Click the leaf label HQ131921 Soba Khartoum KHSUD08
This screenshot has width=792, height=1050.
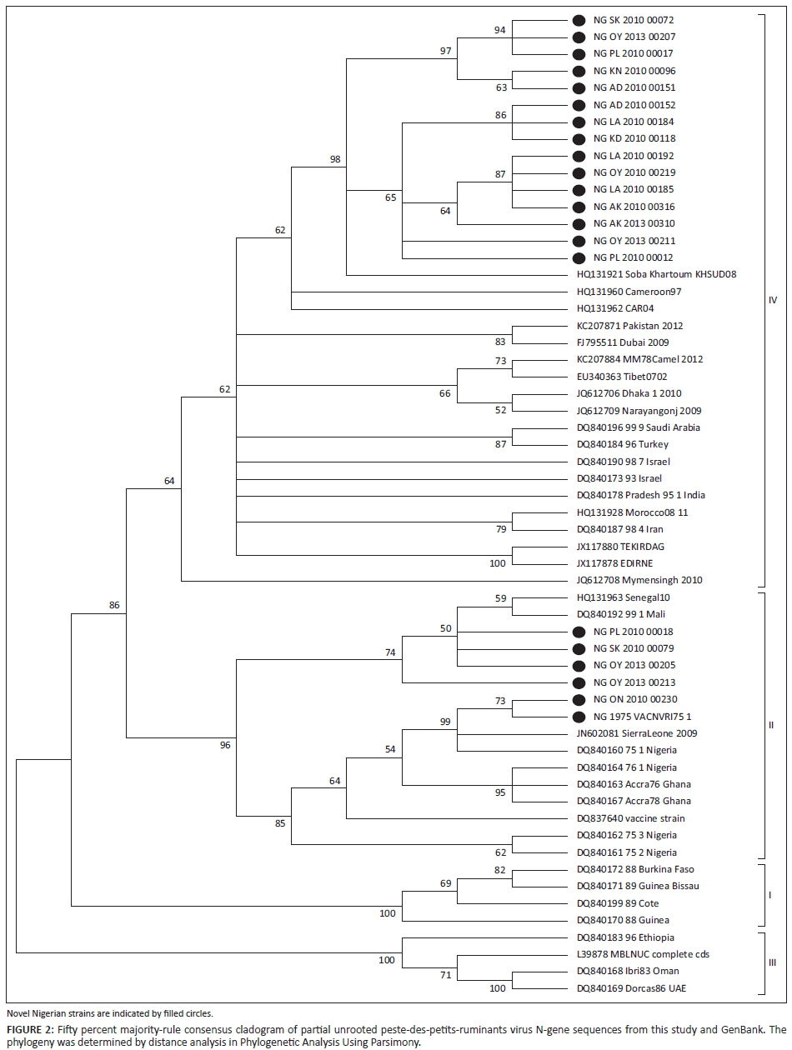657,274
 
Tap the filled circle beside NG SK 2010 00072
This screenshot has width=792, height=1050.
579,20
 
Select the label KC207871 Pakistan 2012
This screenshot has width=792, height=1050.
629,326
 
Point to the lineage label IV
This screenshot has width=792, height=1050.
771,300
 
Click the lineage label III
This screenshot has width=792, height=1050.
771,962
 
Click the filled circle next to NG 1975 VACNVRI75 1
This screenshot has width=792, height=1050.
579,717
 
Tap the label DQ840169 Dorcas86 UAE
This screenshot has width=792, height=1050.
632,988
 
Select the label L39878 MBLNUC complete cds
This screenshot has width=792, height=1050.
643,954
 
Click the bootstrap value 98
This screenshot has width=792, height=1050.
336,159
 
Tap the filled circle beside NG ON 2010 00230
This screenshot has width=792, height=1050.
579,699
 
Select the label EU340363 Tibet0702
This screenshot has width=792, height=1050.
622,377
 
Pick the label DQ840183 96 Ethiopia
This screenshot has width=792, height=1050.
626,937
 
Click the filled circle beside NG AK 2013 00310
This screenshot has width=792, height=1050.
579,223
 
